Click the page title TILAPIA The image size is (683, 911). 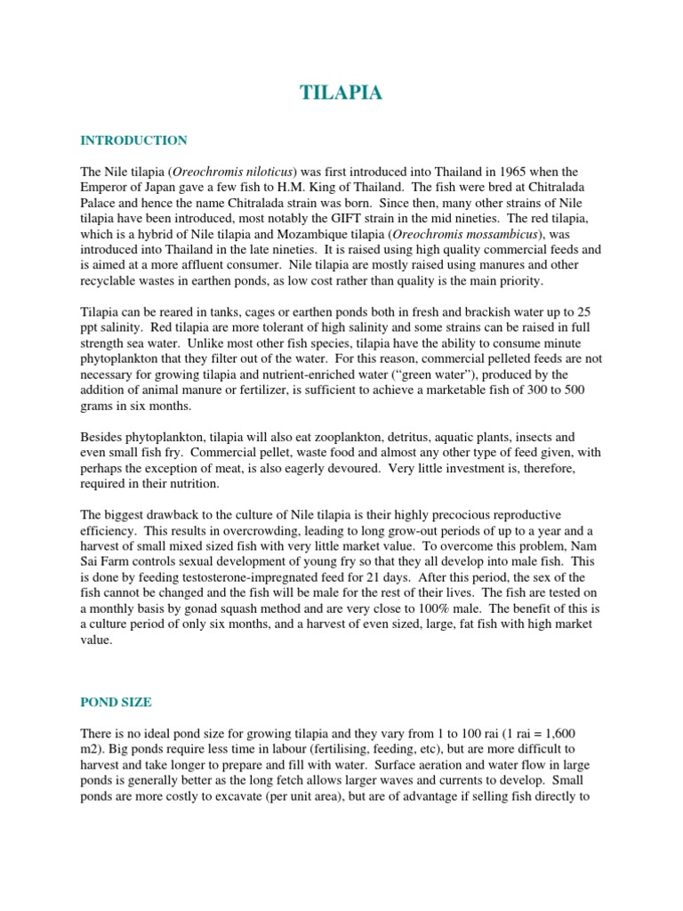(x=341, y=93)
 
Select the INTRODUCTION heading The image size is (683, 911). (x=133, y=141)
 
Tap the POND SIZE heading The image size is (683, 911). (x=116, y=702)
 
